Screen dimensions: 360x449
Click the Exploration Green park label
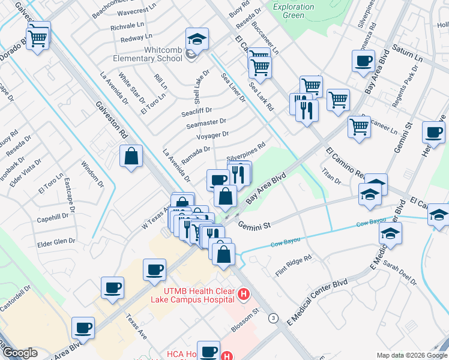click(x=293, y=11)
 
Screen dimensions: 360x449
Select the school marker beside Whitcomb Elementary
click(x=197, y=41)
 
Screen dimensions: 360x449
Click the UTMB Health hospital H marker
click(x=244, y=295)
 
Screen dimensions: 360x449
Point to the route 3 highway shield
click(x=274, y=317)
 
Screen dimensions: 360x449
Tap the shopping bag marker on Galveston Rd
click(x=131, y=157)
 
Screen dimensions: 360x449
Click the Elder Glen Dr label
click(x=56, y=241)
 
